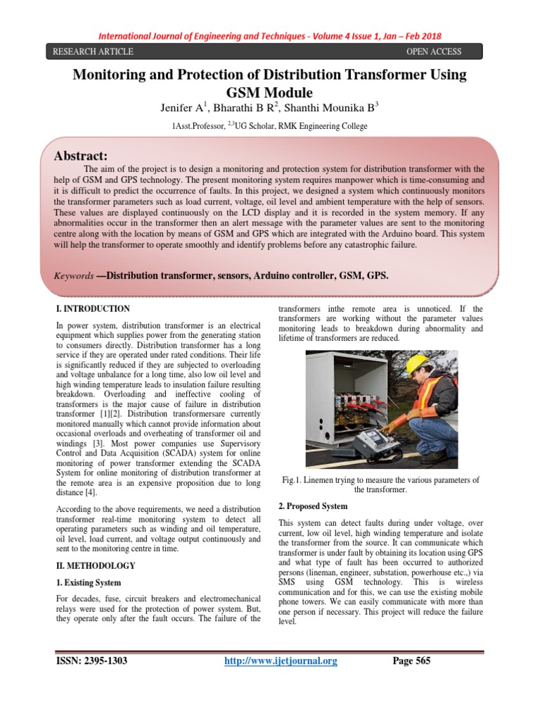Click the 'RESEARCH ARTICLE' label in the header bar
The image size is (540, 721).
[89, 51]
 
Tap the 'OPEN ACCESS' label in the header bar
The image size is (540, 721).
[434, 51]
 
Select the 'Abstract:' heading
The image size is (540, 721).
[81, 156]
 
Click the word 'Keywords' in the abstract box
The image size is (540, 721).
[74, 276]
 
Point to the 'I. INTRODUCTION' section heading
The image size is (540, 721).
[92, 308]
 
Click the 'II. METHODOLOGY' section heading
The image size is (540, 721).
[95, 565]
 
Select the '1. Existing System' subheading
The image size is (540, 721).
[88, 583]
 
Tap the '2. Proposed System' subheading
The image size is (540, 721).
[313, 506]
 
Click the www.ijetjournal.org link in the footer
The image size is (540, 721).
[281, 660]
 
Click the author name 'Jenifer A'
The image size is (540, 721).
[178, 108]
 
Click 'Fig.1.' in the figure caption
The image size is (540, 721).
[292, 479]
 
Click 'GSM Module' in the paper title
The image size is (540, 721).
[269, 92]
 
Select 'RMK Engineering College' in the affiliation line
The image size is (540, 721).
[320, 126]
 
